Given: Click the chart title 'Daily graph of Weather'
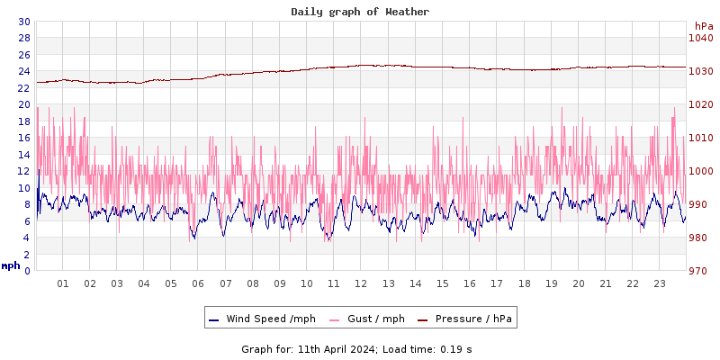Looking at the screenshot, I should tap(360, 12).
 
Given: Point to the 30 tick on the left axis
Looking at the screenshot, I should tap(23, 22).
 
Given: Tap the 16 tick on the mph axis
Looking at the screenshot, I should tap(23, 138).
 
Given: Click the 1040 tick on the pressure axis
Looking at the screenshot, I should tap(700, 38).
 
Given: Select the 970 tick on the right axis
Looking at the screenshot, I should tap(700, 271).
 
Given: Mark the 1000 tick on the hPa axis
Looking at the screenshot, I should tap(700, 171).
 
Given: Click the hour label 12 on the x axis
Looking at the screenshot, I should tap(361, 283).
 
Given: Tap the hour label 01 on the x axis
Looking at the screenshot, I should tap(63, 283).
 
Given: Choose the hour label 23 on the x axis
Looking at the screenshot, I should tap(659, 283).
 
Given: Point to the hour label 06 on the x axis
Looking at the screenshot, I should tap(198, 283).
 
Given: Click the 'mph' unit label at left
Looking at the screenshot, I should tap(11, 265).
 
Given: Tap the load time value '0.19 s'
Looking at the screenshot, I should tap(456, 348).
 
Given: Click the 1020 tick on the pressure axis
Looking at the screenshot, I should tap(700, 104).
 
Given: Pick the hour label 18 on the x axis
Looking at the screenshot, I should tap(524, 283).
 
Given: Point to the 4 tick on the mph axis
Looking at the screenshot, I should tap(26, 238).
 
